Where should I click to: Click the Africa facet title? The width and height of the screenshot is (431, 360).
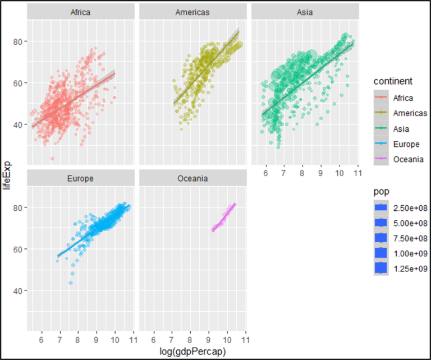(x=80, y=12)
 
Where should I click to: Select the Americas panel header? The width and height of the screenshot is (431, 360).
(x=192, y=12)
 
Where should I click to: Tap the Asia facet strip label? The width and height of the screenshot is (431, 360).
(x=305, y=12)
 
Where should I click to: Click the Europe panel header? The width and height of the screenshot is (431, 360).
(x=80, y=179)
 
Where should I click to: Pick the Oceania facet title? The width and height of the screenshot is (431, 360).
(x=192, y=179)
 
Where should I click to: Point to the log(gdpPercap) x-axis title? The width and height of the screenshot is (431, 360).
(x=192, y=352)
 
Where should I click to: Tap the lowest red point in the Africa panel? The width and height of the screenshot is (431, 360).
(x=53, y=159)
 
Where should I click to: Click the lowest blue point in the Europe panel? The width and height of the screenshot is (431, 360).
(x=71, y=283)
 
